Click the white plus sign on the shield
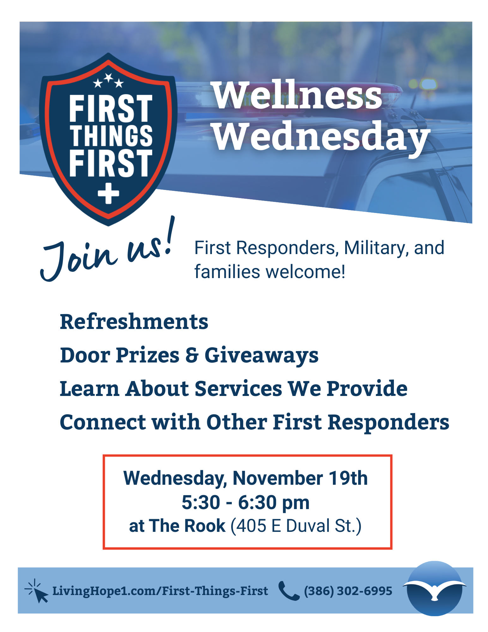108,193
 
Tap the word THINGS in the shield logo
111,136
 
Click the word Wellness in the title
298,95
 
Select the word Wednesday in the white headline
322,137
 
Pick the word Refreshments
134,322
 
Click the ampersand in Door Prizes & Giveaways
192,355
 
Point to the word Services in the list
238,388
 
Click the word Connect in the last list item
103,422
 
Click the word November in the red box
278,478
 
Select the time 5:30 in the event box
201,502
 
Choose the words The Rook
187,526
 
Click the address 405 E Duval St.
296,526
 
